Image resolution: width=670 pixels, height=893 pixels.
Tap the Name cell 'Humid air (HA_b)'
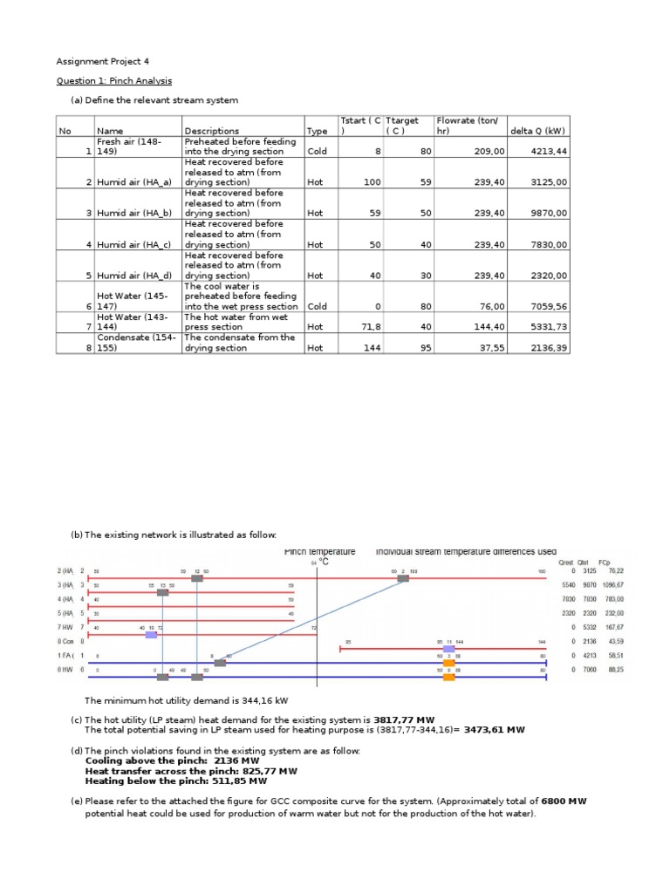pos(134,213)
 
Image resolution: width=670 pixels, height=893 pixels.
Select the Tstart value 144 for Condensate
pos(373,347)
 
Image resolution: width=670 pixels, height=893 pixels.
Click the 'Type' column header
pos(316,131)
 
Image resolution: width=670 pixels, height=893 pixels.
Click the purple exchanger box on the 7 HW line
pos(151,635)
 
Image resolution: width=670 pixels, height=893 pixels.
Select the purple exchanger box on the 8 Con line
pos(448,649)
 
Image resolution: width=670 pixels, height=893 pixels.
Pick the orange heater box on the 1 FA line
pos(448,663)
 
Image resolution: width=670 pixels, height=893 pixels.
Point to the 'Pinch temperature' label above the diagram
pos(319,551)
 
